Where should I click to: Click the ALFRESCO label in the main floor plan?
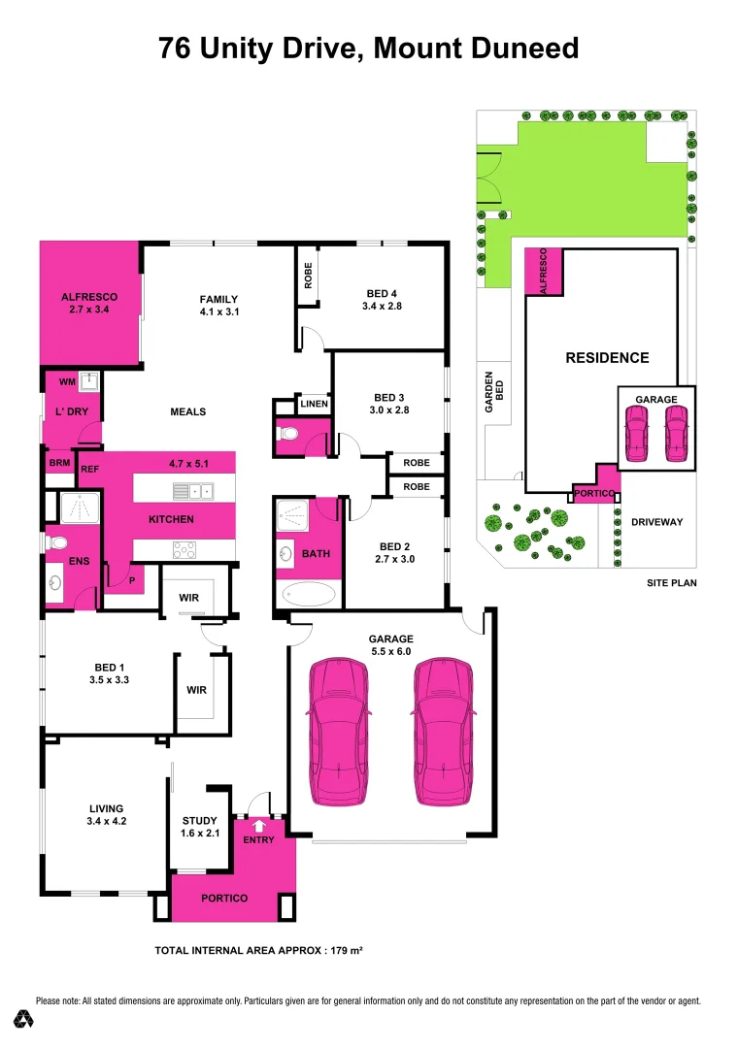[x=88, y=297]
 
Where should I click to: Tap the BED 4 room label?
[x=382, y=293]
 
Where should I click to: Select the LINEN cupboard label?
[x=314, y=404]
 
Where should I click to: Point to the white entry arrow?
[x=258, y=826]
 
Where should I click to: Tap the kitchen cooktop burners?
[x=184, y=550]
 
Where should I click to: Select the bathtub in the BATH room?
[x=308, y=594]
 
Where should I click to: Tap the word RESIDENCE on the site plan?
[x=607, y=358]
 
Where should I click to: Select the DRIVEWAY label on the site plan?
[x=657, y=522]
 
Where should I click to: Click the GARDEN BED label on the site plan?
[x=494, y=393]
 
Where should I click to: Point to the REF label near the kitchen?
[x=90, y=470]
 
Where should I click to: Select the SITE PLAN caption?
[x=672, y=583]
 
